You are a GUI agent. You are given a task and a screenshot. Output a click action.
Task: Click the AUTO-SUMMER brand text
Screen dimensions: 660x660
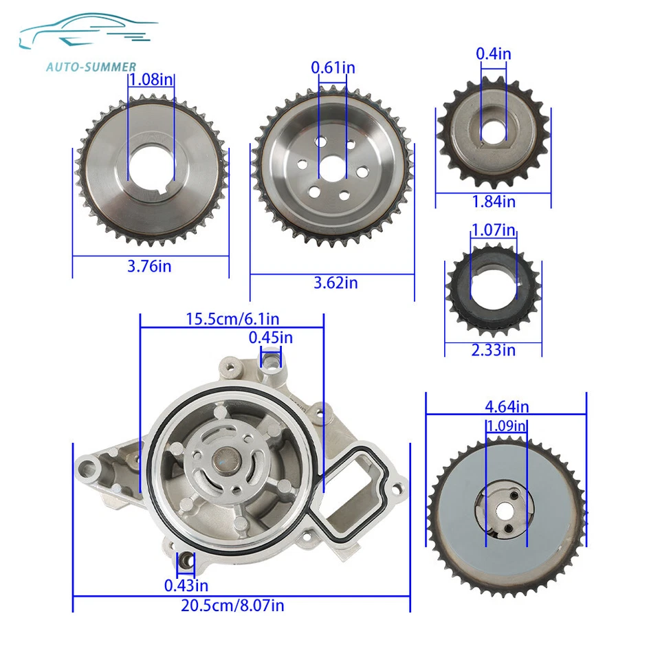tap(91, 67)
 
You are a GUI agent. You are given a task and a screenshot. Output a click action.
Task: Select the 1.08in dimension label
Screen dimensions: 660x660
tap(151, 80)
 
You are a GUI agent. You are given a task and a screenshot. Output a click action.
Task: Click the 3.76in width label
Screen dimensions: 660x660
tap(149, 266)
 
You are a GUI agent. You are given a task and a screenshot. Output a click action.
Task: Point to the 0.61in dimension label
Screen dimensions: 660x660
tap(333, 67)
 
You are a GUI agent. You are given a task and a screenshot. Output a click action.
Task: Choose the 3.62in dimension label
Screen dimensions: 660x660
tap(335, 283)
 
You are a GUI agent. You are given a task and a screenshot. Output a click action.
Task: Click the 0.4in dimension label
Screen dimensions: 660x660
tap(493, 53)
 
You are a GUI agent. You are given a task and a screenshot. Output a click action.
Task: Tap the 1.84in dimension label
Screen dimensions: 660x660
tap(493, 201)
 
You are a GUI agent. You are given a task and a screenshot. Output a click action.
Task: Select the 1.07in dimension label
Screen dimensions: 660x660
tap(493, 230)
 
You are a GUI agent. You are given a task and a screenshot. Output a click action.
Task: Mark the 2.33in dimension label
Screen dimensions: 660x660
tap(493, 350)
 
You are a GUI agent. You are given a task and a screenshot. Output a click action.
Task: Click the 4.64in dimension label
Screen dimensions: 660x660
tap(507, 408)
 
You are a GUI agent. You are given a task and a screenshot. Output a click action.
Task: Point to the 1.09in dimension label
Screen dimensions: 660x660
tap(507, 426)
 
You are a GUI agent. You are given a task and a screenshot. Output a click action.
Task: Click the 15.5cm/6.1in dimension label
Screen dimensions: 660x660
tap(232, 319)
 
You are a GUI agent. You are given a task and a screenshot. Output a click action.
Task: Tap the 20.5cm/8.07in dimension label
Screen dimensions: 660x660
tap(234, 606)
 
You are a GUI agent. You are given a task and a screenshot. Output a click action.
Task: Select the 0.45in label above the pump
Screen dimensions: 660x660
tap(270, 337)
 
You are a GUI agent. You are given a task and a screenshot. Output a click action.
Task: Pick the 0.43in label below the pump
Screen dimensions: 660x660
tap(186, 585)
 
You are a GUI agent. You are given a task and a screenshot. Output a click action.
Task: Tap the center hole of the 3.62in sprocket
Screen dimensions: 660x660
tap(333, 167)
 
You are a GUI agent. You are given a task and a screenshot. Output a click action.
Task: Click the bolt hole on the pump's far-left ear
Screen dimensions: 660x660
tap(87, 468)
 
